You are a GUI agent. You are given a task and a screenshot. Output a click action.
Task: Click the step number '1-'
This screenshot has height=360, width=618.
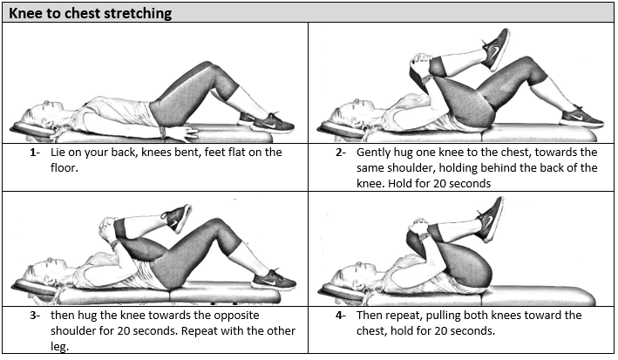[x=35, y=153]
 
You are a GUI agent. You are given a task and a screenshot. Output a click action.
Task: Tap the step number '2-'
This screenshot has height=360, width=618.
[x=341, y=153]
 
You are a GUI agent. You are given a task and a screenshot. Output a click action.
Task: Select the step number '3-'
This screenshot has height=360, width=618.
[x=35, y=315]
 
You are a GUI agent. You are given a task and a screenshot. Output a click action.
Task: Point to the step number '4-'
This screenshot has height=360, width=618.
[x=341, y=315]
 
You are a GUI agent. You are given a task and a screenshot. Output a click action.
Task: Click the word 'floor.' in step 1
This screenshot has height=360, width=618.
[x=65, y=167]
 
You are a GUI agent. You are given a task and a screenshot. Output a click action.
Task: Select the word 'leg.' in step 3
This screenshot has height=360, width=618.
[x=59, y=347]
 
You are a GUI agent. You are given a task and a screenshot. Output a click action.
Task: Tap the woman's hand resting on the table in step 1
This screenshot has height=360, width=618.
[x=182, y=132]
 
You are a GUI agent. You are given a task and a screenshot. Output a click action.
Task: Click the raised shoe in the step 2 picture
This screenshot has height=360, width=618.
[x=496, y=49]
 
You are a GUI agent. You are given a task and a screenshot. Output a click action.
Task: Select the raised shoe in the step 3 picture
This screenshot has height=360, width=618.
[x=177, y=218]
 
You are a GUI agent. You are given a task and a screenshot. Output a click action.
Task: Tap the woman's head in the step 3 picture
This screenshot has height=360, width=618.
[x=40, y=273]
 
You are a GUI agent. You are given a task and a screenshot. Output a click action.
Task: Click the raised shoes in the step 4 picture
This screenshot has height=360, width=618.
[x=490, y=219]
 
